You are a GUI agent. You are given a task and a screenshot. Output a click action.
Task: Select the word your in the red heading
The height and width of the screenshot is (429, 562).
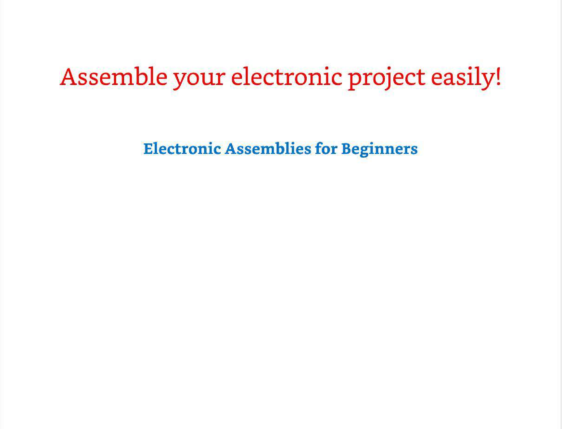click(x=199, y=79)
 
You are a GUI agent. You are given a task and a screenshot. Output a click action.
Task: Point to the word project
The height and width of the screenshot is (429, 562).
click(x=387, y=79)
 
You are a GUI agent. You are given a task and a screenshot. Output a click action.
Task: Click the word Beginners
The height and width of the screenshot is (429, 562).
click(x=379, y=150)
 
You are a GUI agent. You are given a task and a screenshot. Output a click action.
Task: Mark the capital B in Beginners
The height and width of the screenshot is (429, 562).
click(x=347, y=148)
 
